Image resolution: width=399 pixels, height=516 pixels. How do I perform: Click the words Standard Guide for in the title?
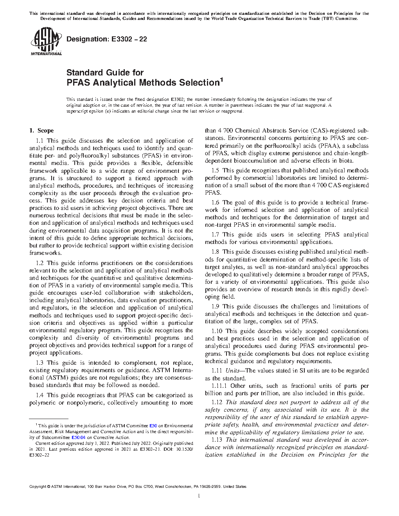(x=105, y=72)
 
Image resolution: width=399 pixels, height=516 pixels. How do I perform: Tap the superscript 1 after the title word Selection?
(x=221, y=81)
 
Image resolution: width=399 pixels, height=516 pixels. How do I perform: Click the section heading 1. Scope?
(x=41, y=131)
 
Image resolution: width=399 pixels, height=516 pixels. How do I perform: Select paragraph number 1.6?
(x=215, y=202)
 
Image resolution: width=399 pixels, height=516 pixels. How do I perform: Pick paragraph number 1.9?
(x=215, y=306)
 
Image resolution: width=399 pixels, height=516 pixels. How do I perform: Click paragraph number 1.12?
(x=217, y=402)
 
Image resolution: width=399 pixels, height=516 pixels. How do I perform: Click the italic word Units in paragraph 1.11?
(x=233, y=371)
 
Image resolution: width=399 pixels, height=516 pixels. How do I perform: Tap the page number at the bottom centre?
(x=199, y=496)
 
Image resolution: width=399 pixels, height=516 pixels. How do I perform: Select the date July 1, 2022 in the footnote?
(x=99, y=444)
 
